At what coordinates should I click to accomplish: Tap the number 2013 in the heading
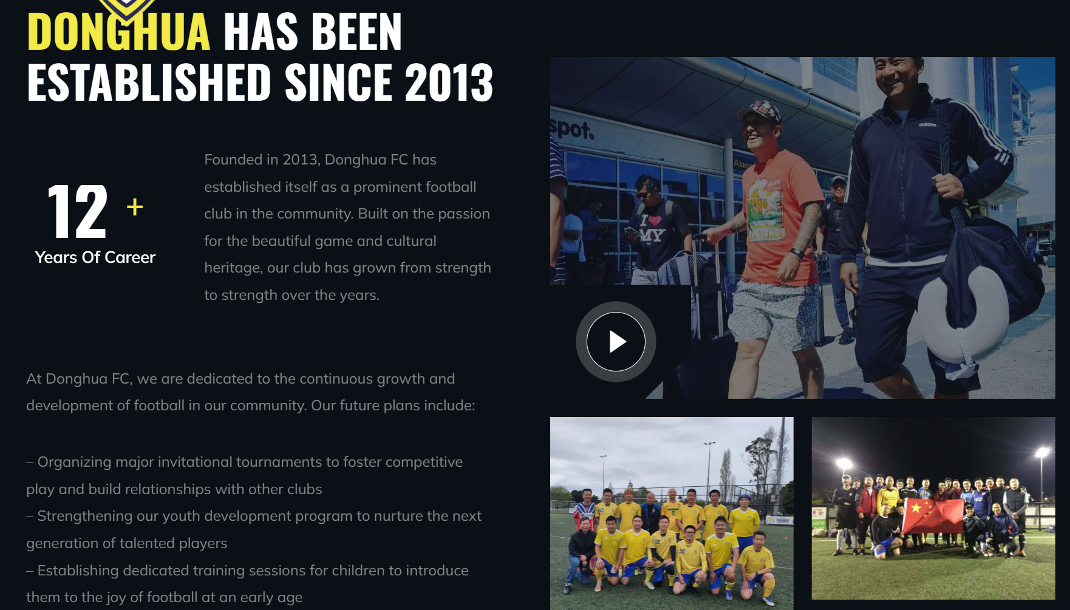point(449,82)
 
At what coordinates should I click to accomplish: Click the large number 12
point(77,211)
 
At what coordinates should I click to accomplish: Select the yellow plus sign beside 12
point(135,207)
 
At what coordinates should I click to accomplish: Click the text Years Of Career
point(95,257)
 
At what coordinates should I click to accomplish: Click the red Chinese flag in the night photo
point(932,516)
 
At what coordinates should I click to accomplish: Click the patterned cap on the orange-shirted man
point(760,112)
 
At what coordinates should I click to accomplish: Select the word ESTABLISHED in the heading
point(149,82)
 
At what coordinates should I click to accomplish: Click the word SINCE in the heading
point(338,82)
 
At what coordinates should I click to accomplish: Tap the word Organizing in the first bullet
point(74,462)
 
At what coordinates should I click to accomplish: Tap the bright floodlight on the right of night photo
point(1043,452)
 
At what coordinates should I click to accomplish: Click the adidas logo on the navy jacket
point(927,124)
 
